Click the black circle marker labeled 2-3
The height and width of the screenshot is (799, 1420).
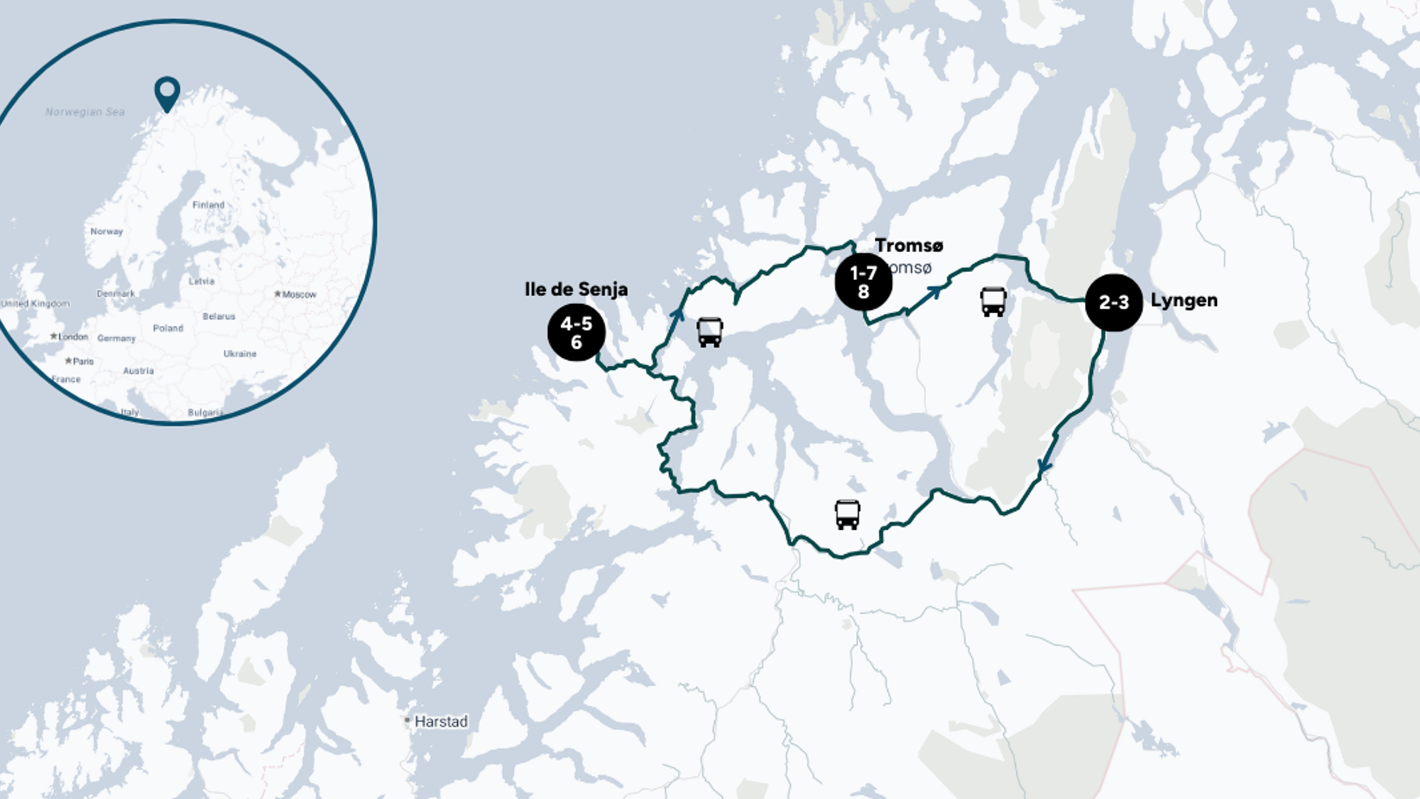[1113, 303]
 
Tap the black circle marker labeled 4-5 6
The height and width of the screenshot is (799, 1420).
[576, 332]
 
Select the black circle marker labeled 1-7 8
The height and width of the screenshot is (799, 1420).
[863, 282]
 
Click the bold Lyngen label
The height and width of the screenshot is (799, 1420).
[1184, 300]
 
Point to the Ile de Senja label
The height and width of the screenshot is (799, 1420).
[576, 289]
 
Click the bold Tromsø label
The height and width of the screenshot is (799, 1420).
[909, 246]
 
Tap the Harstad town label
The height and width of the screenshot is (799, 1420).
[440, 722]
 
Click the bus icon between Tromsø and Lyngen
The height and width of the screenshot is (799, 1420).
[993, 302]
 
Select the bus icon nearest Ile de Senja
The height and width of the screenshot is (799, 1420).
[710, 332]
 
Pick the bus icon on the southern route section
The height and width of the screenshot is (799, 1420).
[847, 515]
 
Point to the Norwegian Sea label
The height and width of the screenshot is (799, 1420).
[85, 112]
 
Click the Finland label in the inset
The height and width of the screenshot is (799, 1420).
[208, 205]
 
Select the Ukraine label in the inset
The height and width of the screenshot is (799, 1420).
[240, 354]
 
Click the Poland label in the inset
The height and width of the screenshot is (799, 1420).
[168, 328]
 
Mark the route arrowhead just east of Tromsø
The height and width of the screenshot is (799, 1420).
[936, 290]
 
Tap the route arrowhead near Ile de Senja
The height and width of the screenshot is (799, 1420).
[677, 313]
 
